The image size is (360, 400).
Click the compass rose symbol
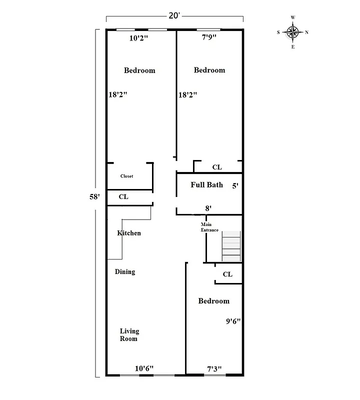[x=293, y=32]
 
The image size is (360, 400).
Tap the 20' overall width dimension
[x=174, y=15]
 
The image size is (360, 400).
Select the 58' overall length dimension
[x=94, y=196]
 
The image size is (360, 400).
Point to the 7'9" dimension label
[x=210, y=37]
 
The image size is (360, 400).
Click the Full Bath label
[x=206, y=185]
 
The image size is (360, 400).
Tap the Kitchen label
[x=128, y=233]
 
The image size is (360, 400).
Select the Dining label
[x=125, y=272]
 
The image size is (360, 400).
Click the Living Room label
[x=129, y=335]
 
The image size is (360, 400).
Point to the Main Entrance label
[x=209, y=227]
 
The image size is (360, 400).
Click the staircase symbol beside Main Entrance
[x=231, y=245]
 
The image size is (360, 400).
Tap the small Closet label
[x=126, y=176]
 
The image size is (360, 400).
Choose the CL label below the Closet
[x=123, y=197]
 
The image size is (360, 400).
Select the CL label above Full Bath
[x=217, y=167]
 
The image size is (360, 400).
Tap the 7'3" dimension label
[x=214, y=369]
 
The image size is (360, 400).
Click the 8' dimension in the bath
[x=208, y=207]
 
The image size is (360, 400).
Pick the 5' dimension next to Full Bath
[x=235, y=185]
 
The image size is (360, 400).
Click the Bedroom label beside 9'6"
[x=213, y=301]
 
